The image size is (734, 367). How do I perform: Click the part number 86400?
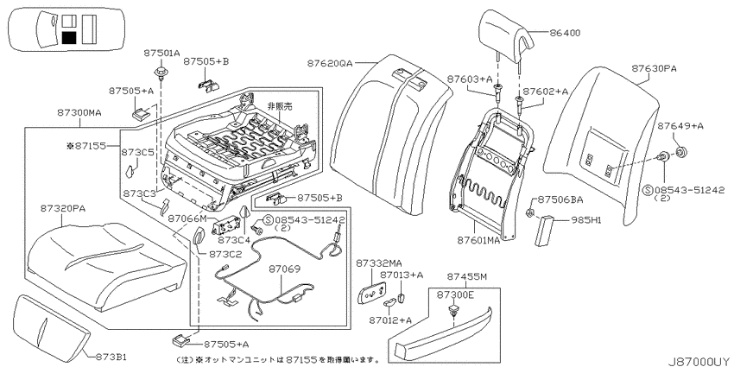tap(565, 33)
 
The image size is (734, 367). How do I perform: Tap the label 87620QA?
tap(330, 63)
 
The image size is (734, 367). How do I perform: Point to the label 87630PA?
tap(654, 69)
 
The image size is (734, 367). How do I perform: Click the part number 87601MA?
tap(478, 241)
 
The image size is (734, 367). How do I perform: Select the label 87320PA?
tap(62, 208)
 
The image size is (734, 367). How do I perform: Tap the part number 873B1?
tap(111, 358)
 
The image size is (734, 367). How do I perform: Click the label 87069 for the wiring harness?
tap(284, 269)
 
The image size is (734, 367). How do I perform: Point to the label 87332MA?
tap(378, 264)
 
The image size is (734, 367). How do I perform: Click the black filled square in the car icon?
tap(69, 37)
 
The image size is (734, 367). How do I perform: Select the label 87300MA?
tap(79, 113)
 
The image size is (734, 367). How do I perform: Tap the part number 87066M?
tap(187, 218)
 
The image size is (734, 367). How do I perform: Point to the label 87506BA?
tap(560, 199)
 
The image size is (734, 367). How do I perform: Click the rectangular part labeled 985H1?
tap(546, 230)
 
